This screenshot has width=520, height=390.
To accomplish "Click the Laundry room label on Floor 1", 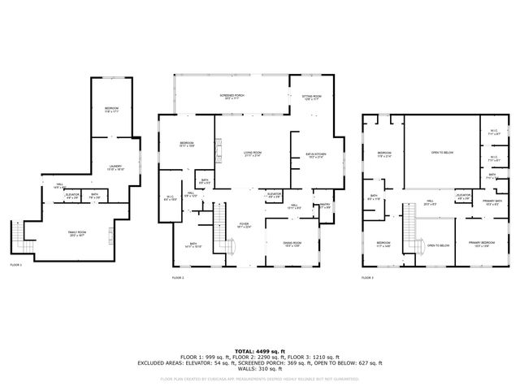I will pos(115,168).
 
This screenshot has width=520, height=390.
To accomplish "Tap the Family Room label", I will pos(78,234).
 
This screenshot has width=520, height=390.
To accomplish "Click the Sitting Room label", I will pos(312,97).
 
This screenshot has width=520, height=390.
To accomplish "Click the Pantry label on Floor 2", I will pos(324,207).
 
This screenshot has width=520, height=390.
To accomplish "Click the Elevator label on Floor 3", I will pos(464,195).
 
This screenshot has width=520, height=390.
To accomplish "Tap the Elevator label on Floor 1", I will pos(72,195).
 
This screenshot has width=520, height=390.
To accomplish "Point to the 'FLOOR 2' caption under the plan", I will pos(178,278).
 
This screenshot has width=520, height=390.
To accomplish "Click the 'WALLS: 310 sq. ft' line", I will pos(260,369).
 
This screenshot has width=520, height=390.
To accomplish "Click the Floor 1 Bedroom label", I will pos(111,109).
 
